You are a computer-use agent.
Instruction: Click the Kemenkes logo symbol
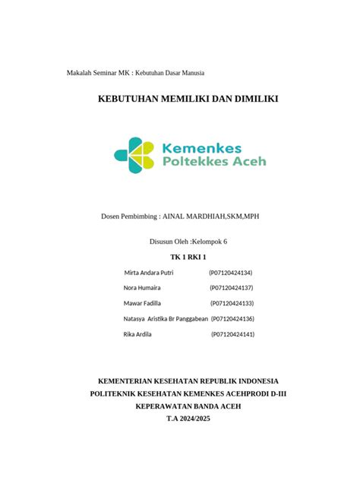point(132,154)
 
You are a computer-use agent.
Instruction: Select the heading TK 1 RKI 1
point(179,257)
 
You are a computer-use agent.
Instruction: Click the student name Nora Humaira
point(141,288)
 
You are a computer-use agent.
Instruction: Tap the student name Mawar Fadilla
point(142,303)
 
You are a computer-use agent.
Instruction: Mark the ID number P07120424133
point(232,303)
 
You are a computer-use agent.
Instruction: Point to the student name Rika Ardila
point(137,334)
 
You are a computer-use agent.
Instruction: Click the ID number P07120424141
point(232,334)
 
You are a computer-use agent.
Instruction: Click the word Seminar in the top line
point(107,73)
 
